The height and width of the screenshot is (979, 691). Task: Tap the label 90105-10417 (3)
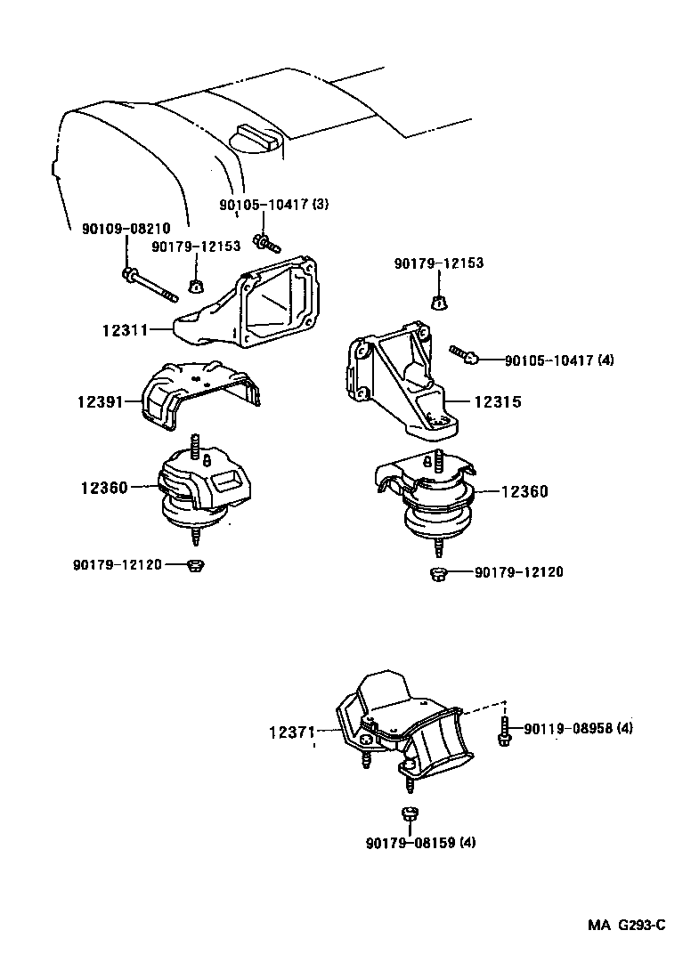[x=274, y=205]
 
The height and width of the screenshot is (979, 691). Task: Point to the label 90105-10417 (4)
[x=559, y=360]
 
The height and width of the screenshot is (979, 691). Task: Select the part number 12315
[x=497, y=402]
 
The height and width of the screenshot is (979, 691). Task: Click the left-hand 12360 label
[x=103, y=487]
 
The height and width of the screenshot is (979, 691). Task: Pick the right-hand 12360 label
[x=524, y=491]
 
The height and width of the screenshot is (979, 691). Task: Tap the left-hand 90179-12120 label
[x=118, y=564]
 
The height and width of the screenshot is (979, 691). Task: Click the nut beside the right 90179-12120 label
[x=437, y=574]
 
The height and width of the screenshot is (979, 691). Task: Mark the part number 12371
[x=292, y=732]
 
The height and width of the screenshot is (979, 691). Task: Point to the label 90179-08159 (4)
[x=419, y=842]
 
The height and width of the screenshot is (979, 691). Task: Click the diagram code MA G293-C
[x=626, y=925]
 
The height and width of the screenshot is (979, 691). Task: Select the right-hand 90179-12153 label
[x=439, y=263]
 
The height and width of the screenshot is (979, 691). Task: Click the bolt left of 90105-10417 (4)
[x=466, y=355]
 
